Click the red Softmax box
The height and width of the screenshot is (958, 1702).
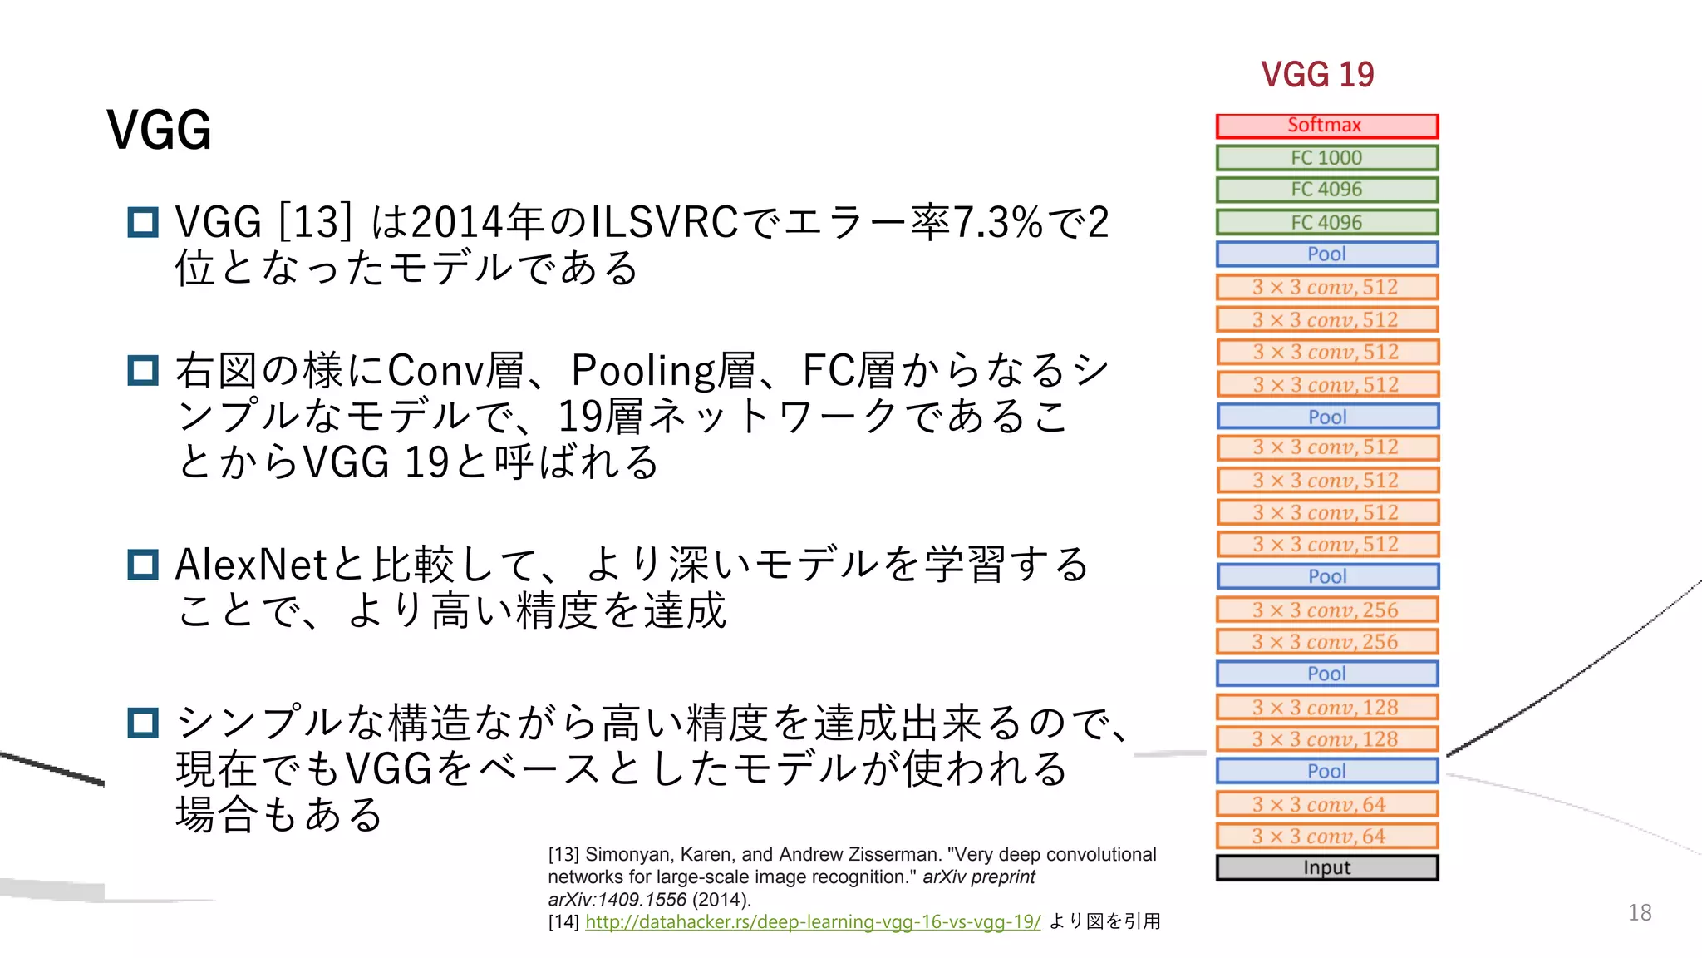click(1326, 126)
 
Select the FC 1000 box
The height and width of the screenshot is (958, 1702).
click(1326, 158)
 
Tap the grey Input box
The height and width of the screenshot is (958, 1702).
click(1326, 867)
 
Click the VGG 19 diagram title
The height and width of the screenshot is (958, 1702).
click(1317, 75)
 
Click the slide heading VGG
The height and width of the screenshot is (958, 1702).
click(159, 131)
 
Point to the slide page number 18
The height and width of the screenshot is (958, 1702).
click(1639, 912)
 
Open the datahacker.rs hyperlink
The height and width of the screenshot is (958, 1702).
click(812, 921)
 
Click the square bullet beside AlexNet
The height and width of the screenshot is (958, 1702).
click(143, 565)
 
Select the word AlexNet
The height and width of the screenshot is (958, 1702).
click(251, 565)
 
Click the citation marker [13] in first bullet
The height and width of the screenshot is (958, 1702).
click(315, 223)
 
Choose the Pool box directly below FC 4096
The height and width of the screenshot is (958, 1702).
click(1326, 254)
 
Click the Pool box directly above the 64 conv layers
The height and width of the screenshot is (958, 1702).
click(1326, 771)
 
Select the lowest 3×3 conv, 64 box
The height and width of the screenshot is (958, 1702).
click(1326, 836)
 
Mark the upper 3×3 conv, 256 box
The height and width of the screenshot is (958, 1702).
click(1326, 610)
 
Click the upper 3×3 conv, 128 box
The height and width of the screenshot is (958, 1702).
click(1326, 707)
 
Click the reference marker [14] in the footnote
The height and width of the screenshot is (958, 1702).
click(563, 922)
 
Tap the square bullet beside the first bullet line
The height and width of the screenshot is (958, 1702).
click(143, 223)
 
